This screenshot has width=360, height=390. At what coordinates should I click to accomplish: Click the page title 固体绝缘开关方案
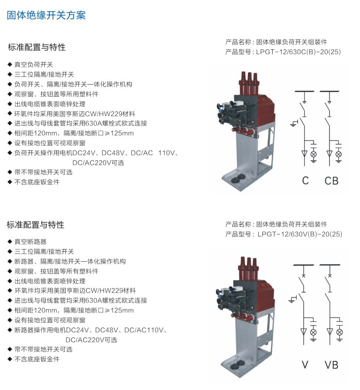pyautogui.click(x=46, y=16)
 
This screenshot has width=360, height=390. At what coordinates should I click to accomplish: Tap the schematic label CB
pyautogui.click(x=331, y=181)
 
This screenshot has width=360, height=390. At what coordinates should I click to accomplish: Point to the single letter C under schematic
pyautogui.click(x=306, y=181)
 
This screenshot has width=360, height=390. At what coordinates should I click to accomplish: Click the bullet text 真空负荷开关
pyautogui.click(x=34, y=64)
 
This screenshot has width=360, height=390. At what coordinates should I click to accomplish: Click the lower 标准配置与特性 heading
pyautogui.click(x=36, y=225)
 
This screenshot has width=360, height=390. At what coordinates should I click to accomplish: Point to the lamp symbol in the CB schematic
pyautogui.click(x=338, y=154)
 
